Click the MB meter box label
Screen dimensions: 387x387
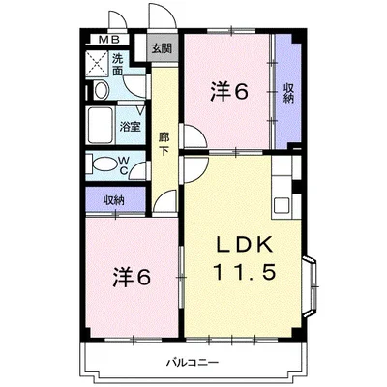coord(109,40)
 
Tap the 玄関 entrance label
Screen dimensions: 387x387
coord(162,48)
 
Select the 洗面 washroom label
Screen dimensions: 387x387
coord(118,65)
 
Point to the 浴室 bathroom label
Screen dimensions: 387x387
coord(130,127)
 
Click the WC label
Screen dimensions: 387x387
coord(123,165)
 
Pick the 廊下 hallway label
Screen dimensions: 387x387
coord(164,144)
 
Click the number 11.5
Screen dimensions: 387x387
coord(244,272)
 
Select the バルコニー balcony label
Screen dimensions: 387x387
coord(193,363)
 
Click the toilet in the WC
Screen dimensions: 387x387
coord(104,164)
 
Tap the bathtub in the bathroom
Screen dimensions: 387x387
coord(101,126)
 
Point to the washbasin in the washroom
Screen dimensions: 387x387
coord(101,91)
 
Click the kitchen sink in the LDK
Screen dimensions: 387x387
coord(282,205)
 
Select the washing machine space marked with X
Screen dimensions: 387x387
coord(97,64)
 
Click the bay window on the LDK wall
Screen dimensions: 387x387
coord(311,286)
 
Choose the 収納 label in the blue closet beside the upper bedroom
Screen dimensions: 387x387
coord(288,93)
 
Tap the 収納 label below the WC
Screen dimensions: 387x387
coord(113,200)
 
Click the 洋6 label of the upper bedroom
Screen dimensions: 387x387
coord(229,91)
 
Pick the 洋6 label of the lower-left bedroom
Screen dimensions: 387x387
coord(132,277)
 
